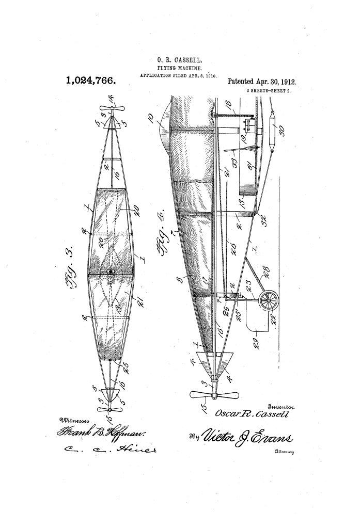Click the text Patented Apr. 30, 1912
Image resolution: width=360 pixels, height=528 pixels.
[x=264, y=82]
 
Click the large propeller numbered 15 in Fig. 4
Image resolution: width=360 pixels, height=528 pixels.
[x=213, y=396]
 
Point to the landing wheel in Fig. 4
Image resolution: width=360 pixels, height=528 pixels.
[x=269, y=300]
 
